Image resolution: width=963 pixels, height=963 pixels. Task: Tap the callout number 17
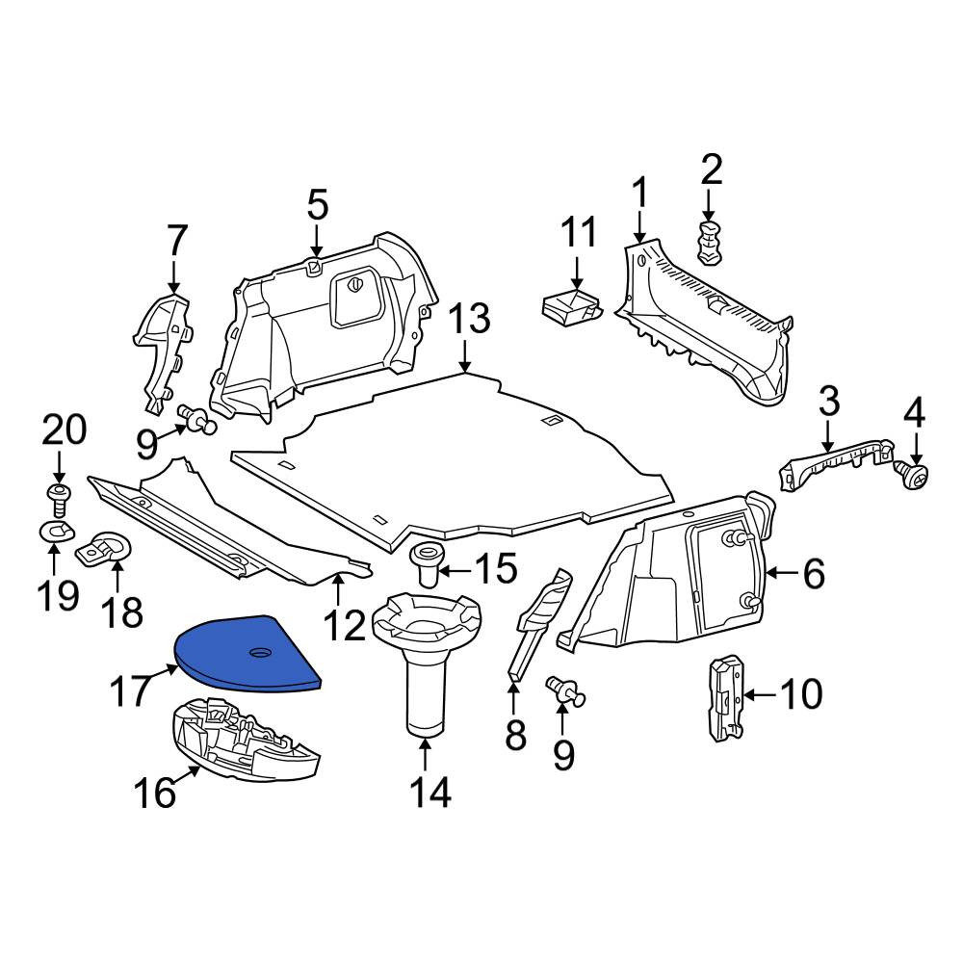pyautogui.click(x=130, y=690)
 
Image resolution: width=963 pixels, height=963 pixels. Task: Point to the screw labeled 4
pyautogui.click(x=912, y=475)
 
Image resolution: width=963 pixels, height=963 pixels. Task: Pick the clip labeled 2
pyautogui.click(x=710, y=244)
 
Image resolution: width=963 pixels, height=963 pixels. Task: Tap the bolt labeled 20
pyautogui.click(x=59, y=499)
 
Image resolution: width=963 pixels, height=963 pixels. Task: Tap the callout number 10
pyautogui.click(x=801, y=694)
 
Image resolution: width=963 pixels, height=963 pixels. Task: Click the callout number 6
pyautogui.click(x=814, y=574)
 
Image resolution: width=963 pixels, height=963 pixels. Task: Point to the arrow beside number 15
pyautogui.click(x=455, y=571)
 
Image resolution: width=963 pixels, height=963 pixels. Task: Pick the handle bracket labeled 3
pyautogui.click(x=835, y=464)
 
